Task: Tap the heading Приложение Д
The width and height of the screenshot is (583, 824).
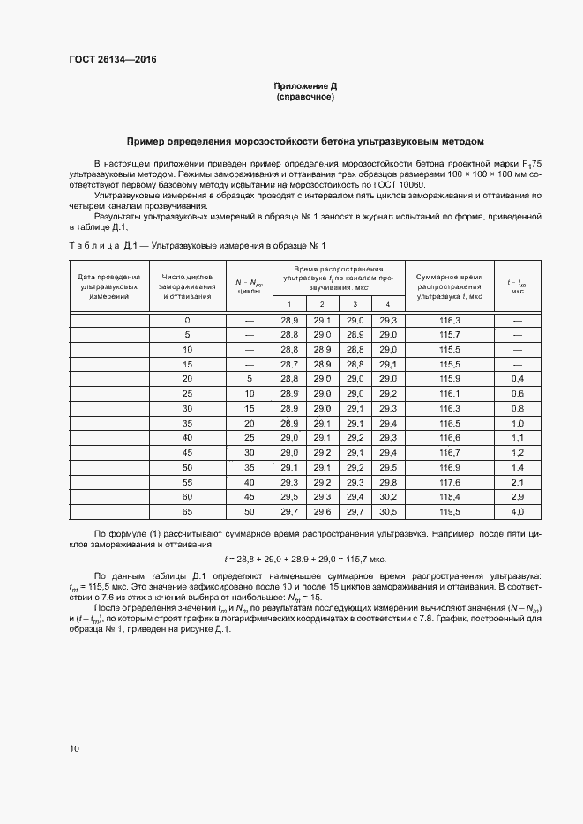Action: (304, 86)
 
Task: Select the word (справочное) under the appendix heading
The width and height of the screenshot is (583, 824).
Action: (304, 97)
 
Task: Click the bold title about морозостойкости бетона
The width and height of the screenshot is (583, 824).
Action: (304, 140)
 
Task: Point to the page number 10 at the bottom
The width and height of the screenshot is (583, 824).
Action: (73, 749)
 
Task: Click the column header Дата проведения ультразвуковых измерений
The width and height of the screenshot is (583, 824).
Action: (108, 286)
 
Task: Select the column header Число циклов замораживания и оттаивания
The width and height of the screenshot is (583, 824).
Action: (187, 286)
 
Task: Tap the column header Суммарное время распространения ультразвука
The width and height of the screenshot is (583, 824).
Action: (449, 286)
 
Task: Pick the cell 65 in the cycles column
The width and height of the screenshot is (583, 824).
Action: (187, 511)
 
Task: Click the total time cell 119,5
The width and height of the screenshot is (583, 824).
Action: (449, 511)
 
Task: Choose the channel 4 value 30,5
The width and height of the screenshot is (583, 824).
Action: (387, 511)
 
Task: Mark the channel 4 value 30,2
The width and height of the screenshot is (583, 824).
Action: (387, 496)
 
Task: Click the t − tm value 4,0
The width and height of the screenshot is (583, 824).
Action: (517, 511)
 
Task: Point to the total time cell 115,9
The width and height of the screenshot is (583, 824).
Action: (449, 378)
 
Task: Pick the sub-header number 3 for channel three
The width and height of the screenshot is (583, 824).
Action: (355, 304)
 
